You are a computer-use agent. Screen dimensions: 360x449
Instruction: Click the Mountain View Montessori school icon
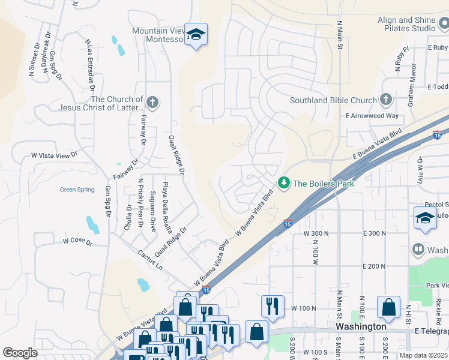point(196,34)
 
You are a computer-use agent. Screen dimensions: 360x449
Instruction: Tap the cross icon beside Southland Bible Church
point(385,99)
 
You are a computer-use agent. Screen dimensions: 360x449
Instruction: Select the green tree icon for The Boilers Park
point(283,182)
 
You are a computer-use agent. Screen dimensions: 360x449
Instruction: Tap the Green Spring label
point(77,190)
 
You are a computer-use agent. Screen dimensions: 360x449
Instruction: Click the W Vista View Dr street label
point(55,155)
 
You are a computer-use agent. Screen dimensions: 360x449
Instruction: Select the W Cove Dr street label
point(77,241)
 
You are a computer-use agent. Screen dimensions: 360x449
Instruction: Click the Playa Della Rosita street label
point(166,202)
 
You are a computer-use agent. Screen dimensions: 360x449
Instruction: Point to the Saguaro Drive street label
point(152,212)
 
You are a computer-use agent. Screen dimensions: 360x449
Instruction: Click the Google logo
point(20,353)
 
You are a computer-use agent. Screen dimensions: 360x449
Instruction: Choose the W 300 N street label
point(318,233)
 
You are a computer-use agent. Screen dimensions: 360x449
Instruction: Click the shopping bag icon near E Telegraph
point(388,307)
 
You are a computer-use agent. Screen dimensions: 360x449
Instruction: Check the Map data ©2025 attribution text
point(423,355)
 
